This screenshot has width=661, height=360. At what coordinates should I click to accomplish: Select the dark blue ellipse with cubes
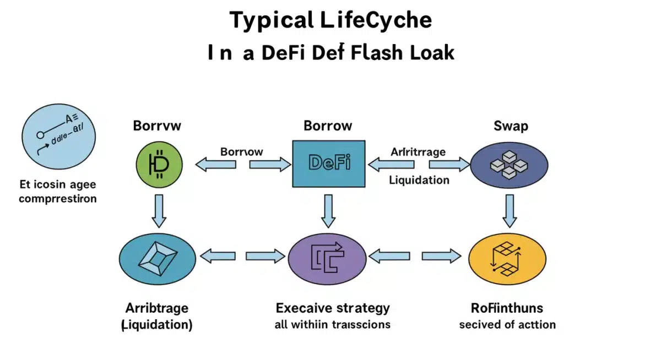(510, 163)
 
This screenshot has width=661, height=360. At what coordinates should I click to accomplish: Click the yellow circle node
(507, 257)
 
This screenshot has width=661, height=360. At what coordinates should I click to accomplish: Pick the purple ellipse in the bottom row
(327, 257)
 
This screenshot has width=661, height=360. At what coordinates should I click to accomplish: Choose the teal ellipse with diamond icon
(158, 257)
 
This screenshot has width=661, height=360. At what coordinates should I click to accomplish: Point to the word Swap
(511, 126)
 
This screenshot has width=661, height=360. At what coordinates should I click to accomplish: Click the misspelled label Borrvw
(157, 126)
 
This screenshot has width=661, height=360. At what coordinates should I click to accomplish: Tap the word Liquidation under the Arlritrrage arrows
(419, 180)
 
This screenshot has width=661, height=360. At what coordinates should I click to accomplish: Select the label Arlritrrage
(418, 151)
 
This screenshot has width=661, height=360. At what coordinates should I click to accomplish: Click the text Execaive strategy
(333, 307)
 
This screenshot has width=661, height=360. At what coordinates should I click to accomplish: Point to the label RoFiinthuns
(507, 307)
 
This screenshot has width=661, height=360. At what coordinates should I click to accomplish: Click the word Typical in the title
(270, 20)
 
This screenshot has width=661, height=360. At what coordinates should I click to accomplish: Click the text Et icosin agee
(57, 183)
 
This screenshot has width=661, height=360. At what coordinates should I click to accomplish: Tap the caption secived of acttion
(507, 324)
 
